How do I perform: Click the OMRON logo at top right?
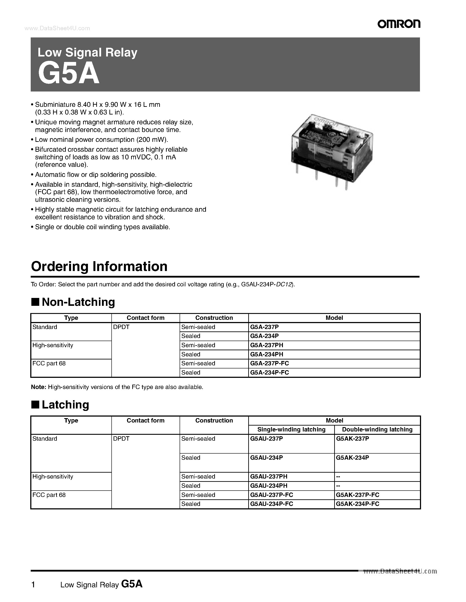[399, 24]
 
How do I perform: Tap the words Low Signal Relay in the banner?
[87, 52]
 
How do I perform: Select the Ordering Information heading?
[99, 267]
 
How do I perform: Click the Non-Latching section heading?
[78, 302]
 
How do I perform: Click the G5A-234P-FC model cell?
[270, 372]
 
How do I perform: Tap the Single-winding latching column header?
[291, 429]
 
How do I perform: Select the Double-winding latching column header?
[377, 429]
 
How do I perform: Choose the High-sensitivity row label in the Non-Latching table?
[53, 345]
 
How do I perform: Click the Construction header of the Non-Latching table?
[214, 318]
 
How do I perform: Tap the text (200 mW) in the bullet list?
[152, 140]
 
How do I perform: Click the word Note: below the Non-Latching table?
[38, 387]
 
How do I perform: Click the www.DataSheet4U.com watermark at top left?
[57, 28]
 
